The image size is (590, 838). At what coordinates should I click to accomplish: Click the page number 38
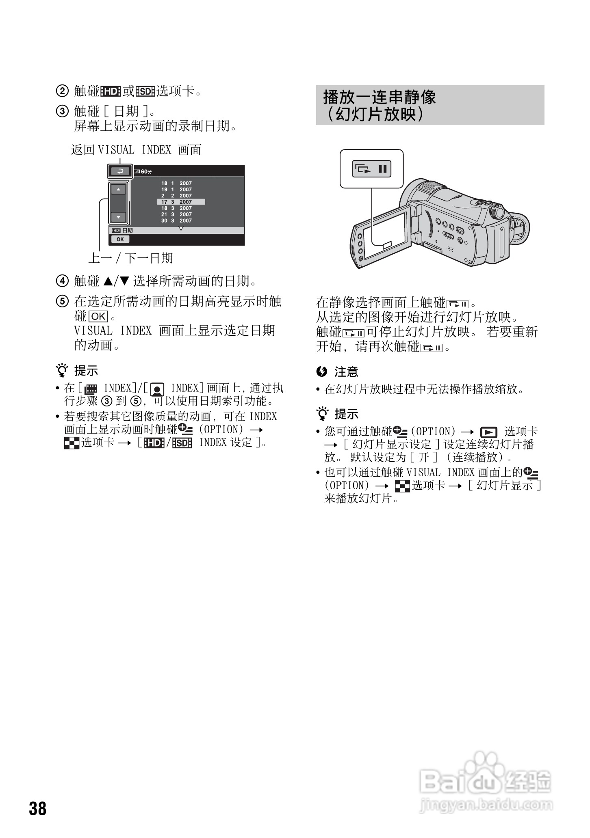(37, 809)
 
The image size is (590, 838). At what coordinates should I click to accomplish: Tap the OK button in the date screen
(120, 239)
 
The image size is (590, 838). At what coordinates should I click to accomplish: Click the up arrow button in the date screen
(118, 190)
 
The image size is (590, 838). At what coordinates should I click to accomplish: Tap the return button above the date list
(120, 171)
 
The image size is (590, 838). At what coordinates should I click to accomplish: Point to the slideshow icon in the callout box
(371, 169)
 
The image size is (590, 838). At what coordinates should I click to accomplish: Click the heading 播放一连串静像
(380, 97)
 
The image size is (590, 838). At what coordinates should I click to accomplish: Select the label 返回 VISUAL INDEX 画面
(137, 150)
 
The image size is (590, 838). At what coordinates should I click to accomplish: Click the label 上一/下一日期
(131, 258)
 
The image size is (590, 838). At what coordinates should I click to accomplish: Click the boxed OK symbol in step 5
(98, 316)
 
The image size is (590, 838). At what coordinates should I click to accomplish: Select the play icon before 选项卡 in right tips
(489, 432)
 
